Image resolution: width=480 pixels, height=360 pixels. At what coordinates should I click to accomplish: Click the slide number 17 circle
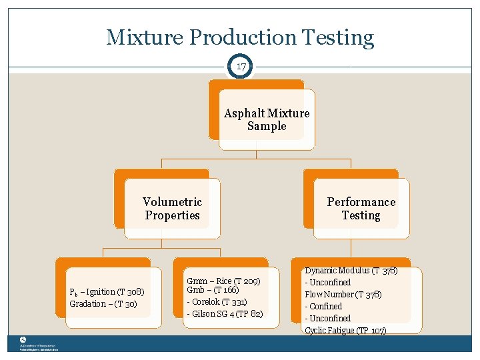pos(240,67)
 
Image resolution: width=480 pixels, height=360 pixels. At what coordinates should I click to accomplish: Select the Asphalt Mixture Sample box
pos(266,119)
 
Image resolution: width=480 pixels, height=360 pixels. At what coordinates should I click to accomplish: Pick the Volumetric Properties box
pos(172,208)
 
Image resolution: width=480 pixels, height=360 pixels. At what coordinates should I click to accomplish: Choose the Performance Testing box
pos(361,208)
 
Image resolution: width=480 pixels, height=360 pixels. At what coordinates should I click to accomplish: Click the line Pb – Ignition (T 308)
pos(107,292)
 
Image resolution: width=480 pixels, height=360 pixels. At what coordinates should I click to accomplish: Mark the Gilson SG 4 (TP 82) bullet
pos(225,313)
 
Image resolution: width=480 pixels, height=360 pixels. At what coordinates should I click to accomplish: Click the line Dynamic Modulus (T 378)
pos(351,271)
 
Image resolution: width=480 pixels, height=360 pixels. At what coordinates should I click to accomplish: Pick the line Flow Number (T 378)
pos(343,295)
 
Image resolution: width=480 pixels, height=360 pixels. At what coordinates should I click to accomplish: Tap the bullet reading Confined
pos(324,307)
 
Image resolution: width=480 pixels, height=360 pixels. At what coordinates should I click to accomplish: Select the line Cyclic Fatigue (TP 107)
pos(345,331)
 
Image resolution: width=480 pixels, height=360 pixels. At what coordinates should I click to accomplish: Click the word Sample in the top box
pos(267,126)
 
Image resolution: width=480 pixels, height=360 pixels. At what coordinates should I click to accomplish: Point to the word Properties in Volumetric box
pos(173,215)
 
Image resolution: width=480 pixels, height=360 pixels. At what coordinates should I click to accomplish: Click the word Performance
pos(361,202)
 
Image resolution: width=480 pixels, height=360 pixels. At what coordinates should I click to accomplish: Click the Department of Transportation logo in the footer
pos(23,340)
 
